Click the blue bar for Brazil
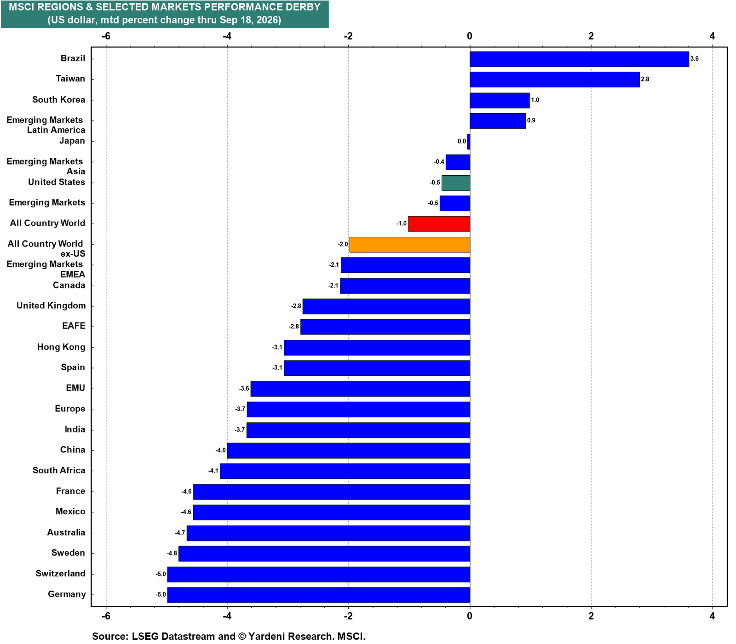point(579,59)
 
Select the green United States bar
point(455,183)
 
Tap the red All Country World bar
point(439,224)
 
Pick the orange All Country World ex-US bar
point(409,244)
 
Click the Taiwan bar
point(554,80)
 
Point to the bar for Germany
point(318,595)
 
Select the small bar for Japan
point(468,142)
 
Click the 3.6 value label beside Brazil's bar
point(694,59)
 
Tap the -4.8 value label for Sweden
point(172,553)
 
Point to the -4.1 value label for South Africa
point(213,471)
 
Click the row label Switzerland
point(61,574)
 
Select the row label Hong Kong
point(61,347)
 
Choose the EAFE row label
point(74,326)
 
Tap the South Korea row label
point(58,100)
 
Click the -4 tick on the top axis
point(227,36)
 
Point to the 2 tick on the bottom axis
point(591,615)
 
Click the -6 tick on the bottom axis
point(105,615)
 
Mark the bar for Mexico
point(331,512)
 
